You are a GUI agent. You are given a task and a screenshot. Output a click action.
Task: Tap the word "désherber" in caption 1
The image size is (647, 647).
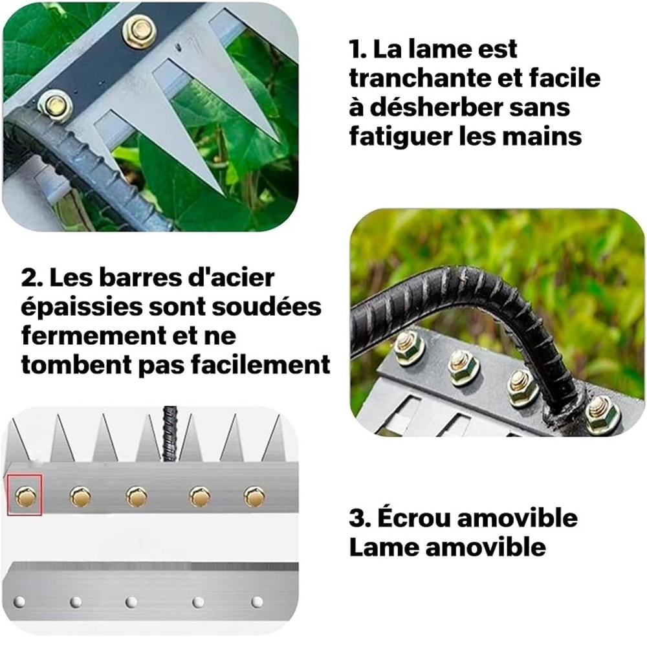(x=460, y=107)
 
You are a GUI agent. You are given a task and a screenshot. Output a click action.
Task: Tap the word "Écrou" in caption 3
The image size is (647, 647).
(x=407, y=518)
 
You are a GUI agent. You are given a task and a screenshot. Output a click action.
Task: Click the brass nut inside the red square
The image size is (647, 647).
(x=25, y=497)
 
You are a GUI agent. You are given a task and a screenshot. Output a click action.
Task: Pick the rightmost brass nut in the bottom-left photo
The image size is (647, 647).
(x=254, y=496)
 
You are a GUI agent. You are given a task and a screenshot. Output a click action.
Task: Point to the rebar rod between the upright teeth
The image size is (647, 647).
(x=170, y=430)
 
